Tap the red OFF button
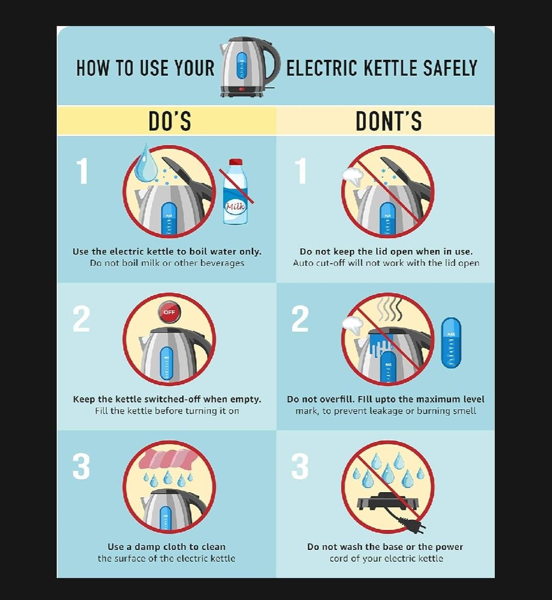(169, 312)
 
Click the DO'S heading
(170, 121)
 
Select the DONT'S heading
(388, 121)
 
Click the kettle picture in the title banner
(249, 66)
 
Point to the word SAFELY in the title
(450, 68)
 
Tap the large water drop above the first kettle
(146, 164)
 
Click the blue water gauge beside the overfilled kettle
(451, 343)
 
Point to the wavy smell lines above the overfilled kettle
(389, 309)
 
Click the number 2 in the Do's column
(81, 319)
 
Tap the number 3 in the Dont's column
(300, 466)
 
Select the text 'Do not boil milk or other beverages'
(167, 263)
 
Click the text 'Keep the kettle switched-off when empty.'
(167, 399)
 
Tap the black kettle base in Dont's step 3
(387, 503)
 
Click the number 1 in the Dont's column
(302, 171)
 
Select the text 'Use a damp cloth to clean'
(167, 547)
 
